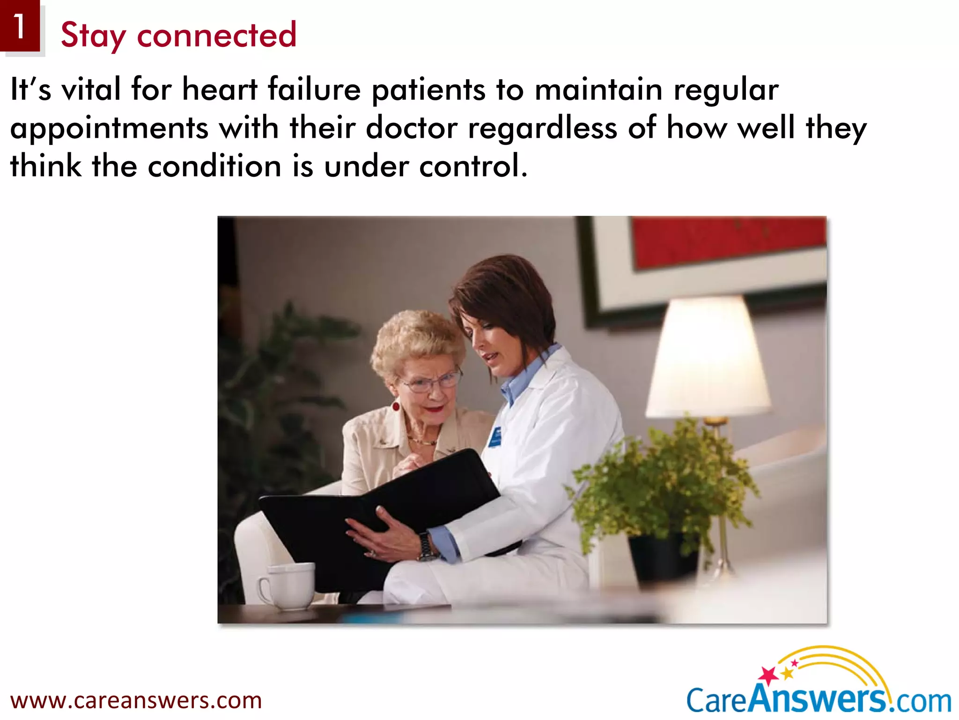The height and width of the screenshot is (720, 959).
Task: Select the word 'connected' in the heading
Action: tap(216, 35)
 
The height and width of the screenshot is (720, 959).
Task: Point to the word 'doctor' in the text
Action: tap(411, 127)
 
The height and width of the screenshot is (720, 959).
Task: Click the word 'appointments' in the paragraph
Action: tap(109, 128)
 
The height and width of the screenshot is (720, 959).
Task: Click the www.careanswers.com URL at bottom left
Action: tap(136, 700)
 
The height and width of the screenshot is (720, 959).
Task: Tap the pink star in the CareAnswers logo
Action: tap(768, 675)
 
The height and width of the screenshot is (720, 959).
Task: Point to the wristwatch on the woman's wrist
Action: tap(427, 547)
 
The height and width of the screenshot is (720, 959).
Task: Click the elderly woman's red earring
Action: tap(396, 405)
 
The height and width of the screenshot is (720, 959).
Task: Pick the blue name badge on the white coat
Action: tap(495, 437)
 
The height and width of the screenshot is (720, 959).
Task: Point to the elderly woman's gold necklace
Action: tap(421, 441)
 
